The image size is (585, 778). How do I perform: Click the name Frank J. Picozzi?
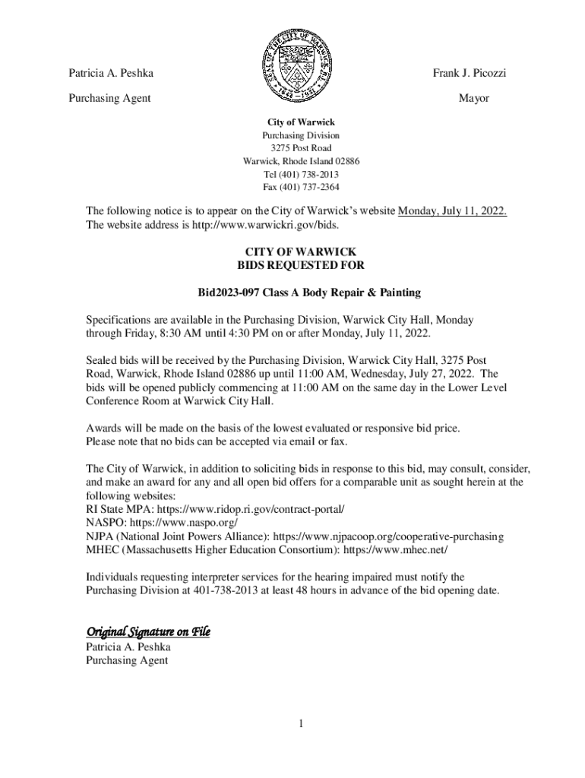click(x=470, y=73)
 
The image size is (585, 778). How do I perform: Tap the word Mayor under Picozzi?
click(x=473, y=98)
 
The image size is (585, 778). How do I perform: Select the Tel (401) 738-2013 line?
click(x=301, y=174)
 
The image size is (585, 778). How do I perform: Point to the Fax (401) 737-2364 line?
click(x=301, y=187)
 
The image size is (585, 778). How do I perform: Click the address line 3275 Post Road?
click(x=301, y=148)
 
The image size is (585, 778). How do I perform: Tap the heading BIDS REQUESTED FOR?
click(x=301, y=265)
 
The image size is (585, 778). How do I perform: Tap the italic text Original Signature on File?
click(x=148, y=631)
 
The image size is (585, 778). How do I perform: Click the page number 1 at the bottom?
click(x=301, y=723)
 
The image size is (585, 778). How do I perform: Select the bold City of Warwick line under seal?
click(x=301, y=122)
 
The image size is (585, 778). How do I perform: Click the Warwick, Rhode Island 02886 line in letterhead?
click(x=301, y=161)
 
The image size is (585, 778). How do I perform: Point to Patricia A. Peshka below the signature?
click(x=128, y=647)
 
